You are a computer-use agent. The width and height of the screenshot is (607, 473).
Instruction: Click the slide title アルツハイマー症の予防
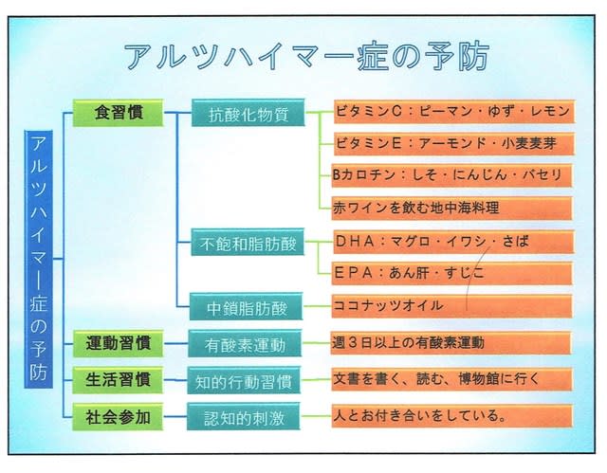point(307,57)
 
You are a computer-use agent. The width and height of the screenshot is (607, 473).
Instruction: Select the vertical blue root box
point(39,259)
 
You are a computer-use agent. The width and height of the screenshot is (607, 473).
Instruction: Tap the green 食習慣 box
point(118,113)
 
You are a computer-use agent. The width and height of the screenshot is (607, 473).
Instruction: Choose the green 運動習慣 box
point(118,343)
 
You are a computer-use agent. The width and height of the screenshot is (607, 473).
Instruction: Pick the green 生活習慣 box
point(118,380)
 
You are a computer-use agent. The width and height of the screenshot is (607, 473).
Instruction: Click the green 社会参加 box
point(118,417)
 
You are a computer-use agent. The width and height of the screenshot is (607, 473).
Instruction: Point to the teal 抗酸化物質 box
point(248,113)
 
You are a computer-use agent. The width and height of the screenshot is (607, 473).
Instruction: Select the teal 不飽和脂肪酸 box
point(248,243)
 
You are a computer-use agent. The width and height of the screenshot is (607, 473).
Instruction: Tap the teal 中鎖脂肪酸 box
point(247,307)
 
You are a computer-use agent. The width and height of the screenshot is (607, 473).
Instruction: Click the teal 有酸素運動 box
point(245,343)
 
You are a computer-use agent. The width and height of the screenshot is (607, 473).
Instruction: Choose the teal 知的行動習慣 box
point(244,380)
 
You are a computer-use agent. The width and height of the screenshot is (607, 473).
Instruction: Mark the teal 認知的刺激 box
point(244,416)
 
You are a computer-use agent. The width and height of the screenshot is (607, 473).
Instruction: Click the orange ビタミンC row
point(454,112)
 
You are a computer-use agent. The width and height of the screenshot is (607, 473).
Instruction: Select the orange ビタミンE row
point(454,144)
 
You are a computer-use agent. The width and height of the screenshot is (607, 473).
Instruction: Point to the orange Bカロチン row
point(451,175)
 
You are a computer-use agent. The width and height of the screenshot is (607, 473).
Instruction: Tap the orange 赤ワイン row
point(451,209)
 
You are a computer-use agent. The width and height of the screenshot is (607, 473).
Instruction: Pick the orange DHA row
point(453,242)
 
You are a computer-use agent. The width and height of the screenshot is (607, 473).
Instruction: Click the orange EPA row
point(451,273)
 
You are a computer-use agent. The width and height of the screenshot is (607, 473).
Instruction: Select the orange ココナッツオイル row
point(451,306)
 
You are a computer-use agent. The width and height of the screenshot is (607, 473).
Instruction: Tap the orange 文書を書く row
point(451,379)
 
